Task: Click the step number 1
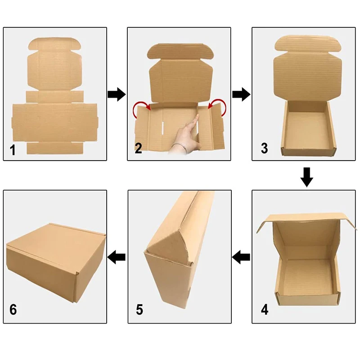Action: pos(13,150)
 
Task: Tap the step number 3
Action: pos(264,148)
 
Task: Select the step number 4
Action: pos(265,310)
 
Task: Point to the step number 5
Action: pos(139,310)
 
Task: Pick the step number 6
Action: pos(13,310)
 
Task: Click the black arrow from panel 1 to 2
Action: pos(117,94)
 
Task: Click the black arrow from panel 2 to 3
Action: pos(241,94)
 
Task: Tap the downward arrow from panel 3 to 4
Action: pos(307,177)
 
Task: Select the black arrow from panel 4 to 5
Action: pos(241,257)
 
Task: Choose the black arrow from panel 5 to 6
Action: pos(116,257)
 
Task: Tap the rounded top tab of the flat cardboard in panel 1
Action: pos(54,44)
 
